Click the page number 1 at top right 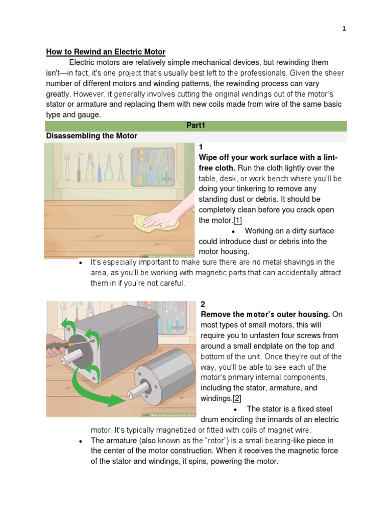pos(344,29)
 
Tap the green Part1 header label pos(195,126)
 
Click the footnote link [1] pos(238,220)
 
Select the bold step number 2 pos(203,304)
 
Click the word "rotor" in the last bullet pos(208,440)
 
